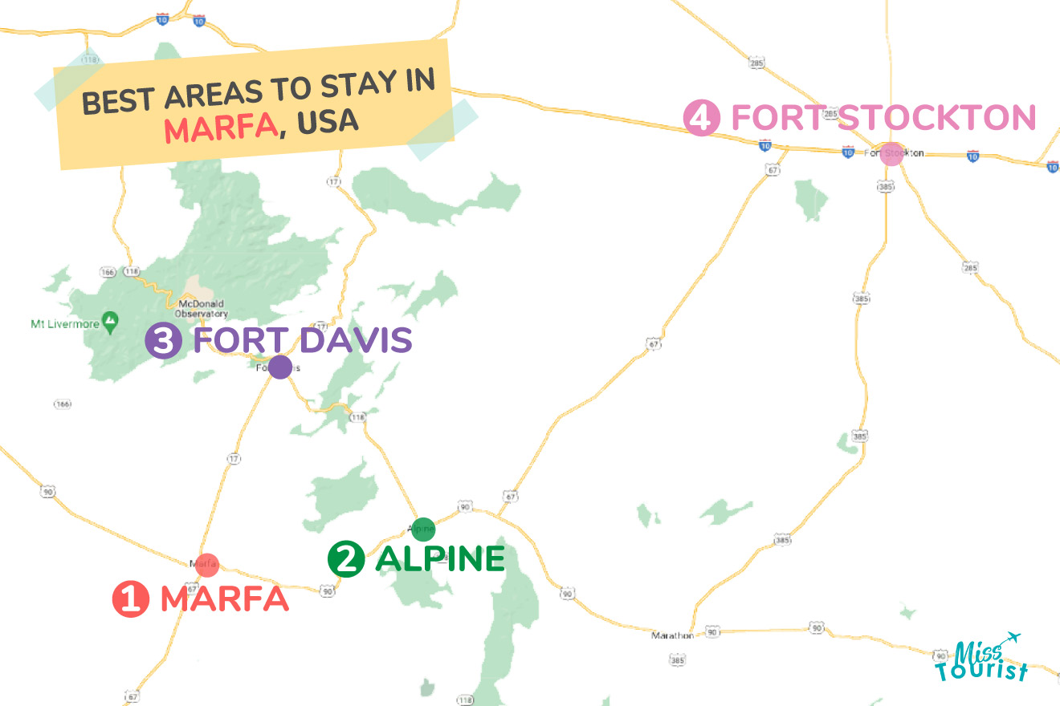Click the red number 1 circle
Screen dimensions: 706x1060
pos(130,600)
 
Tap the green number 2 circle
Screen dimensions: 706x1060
pos(346,559)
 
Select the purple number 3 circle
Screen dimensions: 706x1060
pos(163,341)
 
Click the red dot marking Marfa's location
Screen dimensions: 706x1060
pos(207,564)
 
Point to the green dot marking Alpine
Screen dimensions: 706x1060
pos(423,529)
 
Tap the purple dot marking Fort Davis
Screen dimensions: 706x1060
pos(279,367)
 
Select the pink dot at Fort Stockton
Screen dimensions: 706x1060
pos(891,154)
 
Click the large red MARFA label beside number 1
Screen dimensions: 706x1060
pos(224,599)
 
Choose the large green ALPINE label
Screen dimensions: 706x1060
pos(440,559)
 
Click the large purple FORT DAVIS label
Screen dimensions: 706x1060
pos(303,341)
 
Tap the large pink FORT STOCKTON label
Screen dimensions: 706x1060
pos(883,118)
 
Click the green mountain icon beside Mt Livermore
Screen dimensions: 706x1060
pos(110,323)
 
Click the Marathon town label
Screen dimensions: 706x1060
pos(673,635)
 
